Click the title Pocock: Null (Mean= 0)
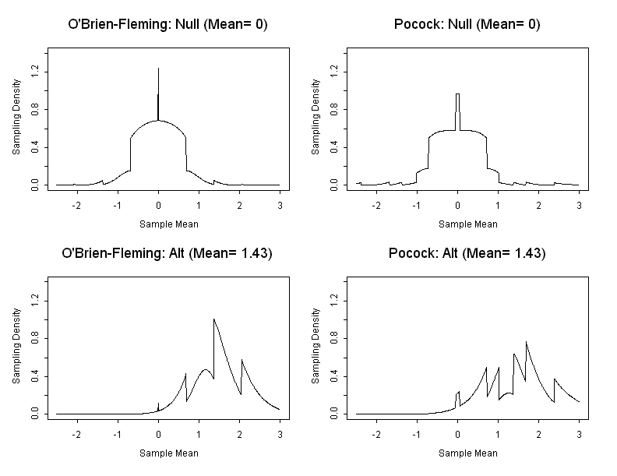(467, 25)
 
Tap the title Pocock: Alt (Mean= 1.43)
(467, 254)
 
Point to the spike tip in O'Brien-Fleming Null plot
(158, 69)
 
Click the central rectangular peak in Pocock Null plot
(458, 94)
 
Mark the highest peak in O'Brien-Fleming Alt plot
(214, 319)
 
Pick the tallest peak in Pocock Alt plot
(527, 341)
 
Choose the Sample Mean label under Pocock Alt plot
(467, 453)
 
